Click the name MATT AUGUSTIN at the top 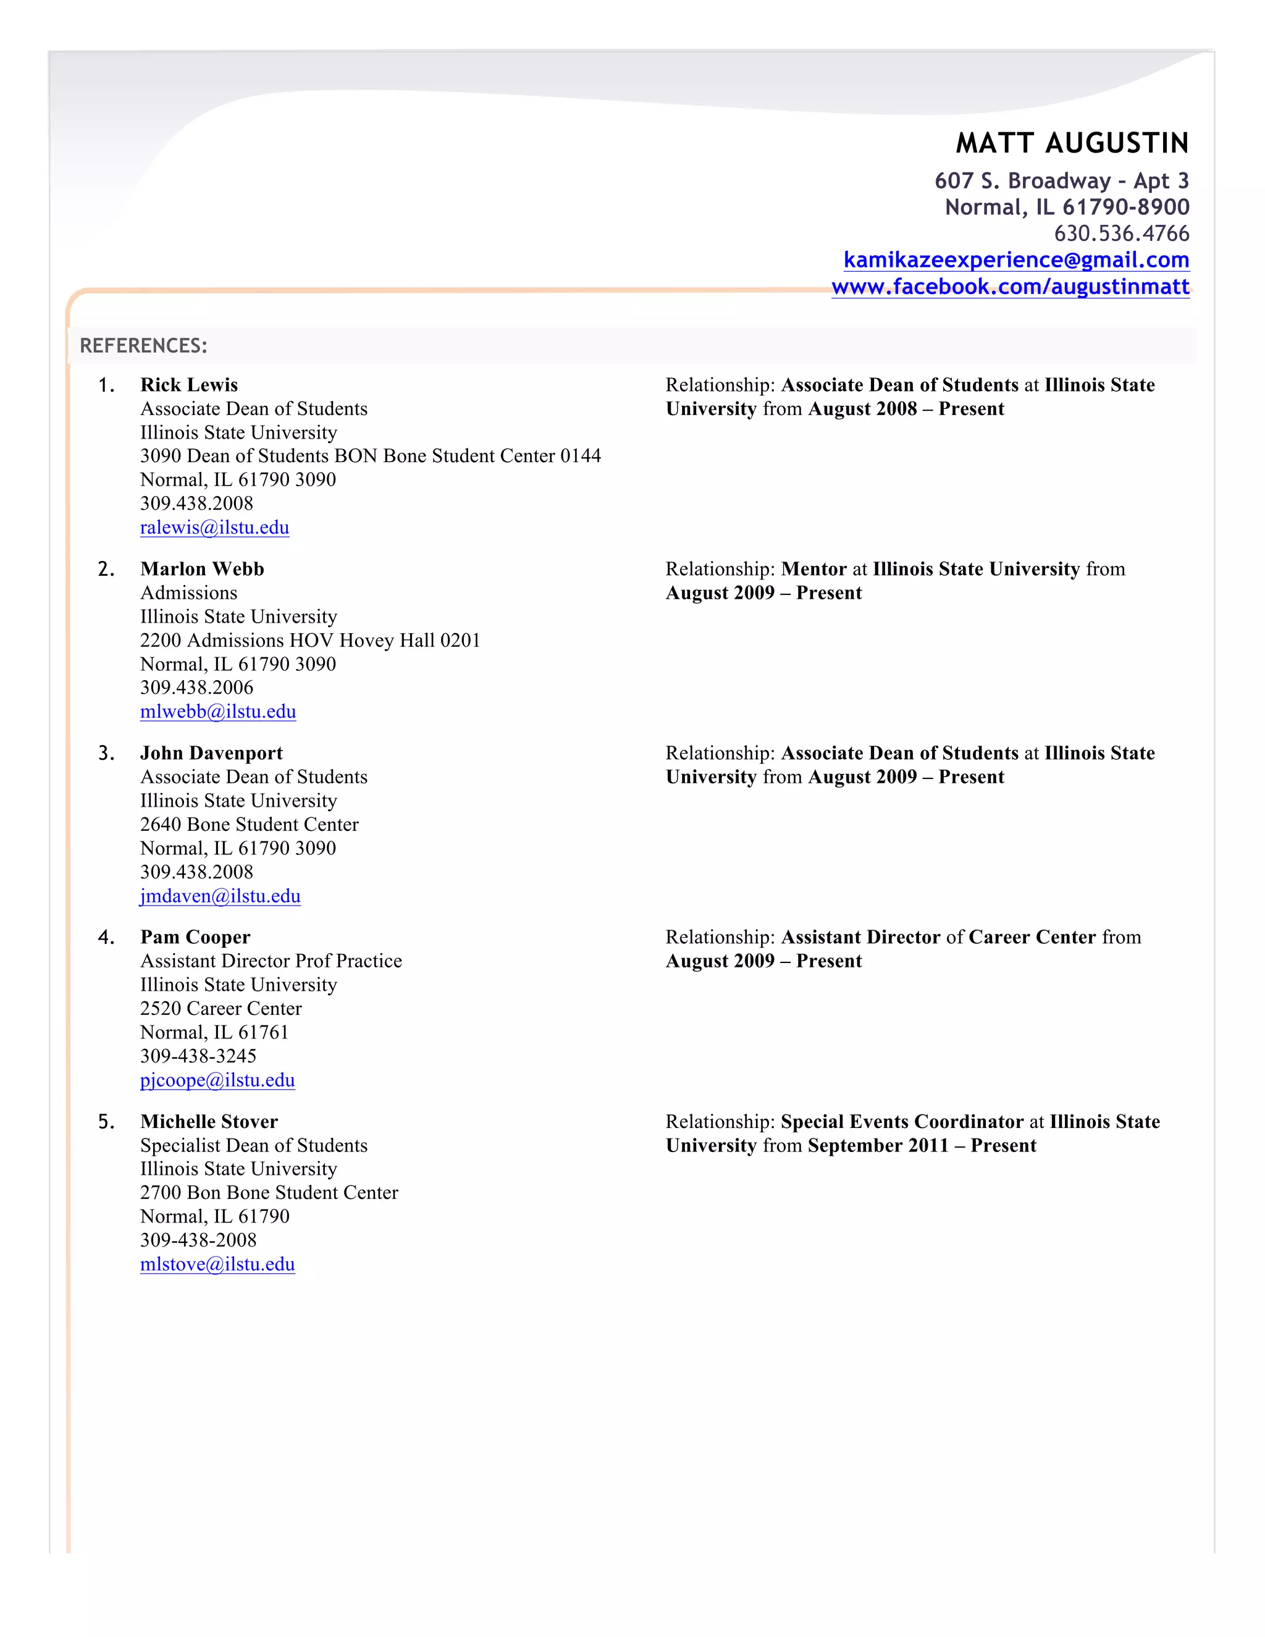tap(1072, 143)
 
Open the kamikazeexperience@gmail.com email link tap(1015, 260)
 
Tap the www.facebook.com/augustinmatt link tap(1009, 287)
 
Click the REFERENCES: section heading tap(143, 345)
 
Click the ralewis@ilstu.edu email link tap(214, 528)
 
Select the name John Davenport tap(211, 752)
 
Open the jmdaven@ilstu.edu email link tap(221, 896)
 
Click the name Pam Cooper tap(195, 937)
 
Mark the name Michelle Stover tap(209, 1121)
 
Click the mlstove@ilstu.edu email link tap(217, 1265)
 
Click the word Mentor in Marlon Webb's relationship tap(813, 569)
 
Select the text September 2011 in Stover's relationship tap(878, 1145)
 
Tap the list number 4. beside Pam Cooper tap(106, 937)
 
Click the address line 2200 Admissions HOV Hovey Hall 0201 tap(309, 640)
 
